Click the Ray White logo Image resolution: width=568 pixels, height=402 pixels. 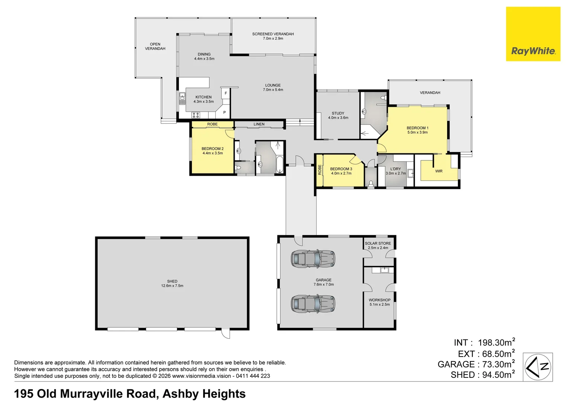click(x=533, y=34)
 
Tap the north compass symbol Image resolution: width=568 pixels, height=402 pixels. click(x=537, y=367)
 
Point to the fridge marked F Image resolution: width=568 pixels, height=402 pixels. click(x=226, y=93)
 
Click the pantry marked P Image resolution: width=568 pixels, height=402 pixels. click(x=224, y=112)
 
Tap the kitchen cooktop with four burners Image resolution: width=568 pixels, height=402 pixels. click(x=196, y=115)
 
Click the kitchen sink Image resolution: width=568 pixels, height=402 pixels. click(x=182, y=99)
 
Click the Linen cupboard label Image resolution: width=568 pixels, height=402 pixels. click(x=259, y=124)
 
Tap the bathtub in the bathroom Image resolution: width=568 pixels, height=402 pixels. click(x=279, y=164)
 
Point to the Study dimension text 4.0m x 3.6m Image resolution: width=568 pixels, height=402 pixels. click(x=338, y=118)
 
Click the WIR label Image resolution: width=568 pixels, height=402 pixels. click(x=439, y=171)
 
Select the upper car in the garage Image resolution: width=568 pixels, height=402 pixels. click(x=313, y=259)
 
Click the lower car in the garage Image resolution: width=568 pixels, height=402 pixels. click(x=313, y=304)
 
